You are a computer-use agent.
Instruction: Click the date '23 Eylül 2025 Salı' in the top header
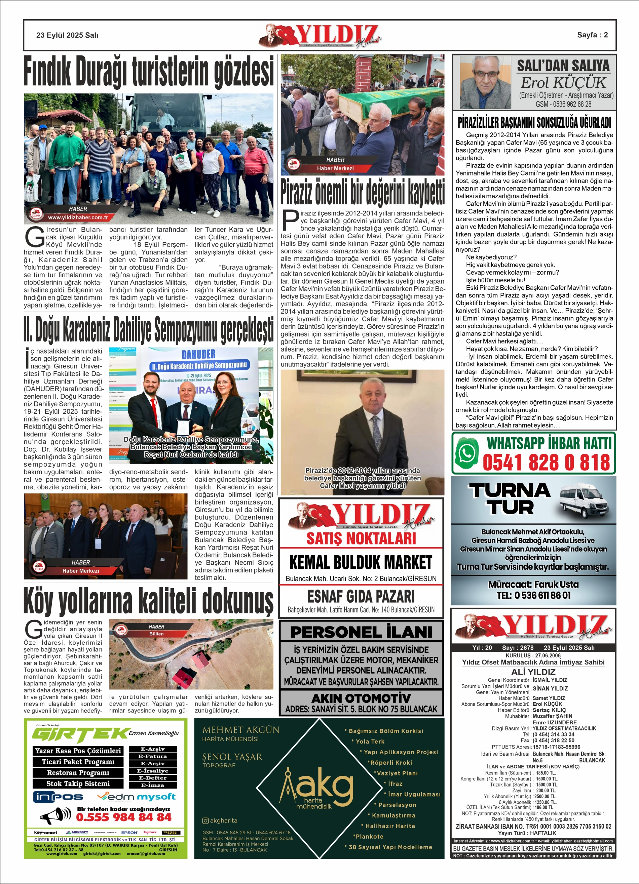[67, 35]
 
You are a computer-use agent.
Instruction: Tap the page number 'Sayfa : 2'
[592, 35]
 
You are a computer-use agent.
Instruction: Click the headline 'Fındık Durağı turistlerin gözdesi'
[148, 72]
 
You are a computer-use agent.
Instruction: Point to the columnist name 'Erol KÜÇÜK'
[563, 83]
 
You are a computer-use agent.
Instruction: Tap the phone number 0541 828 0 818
[546, 463]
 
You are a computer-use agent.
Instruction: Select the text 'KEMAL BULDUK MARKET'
[361, 562]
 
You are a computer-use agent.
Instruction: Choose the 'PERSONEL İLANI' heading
[361, 632]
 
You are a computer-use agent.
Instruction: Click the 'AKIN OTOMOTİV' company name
[361, 698]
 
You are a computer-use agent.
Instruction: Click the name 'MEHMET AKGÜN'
[241, 730]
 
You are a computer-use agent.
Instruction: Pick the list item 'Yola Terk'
[370, 741]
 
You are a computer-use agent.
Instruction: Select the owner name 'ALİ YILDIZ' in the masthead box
[533, 672]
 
